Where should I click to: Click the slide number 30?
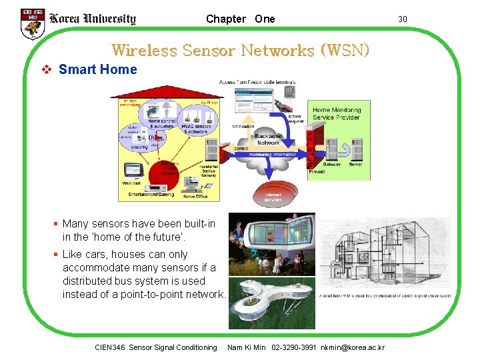(403, 19)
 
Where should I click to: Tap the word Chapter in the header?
(226, 19)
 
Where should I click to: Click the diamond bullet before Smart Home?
(47, 69)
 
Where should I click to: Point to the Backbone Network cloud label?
(269, 139)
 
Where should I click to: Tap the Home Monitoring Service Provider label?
(337, 113)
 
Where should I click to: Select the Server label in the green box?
(355, 165)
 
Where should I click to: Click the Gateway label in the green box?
(331, 165)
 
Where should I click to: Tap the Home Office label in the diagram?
(195, 197)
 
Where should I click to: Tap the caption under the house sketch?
(385, 296)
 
